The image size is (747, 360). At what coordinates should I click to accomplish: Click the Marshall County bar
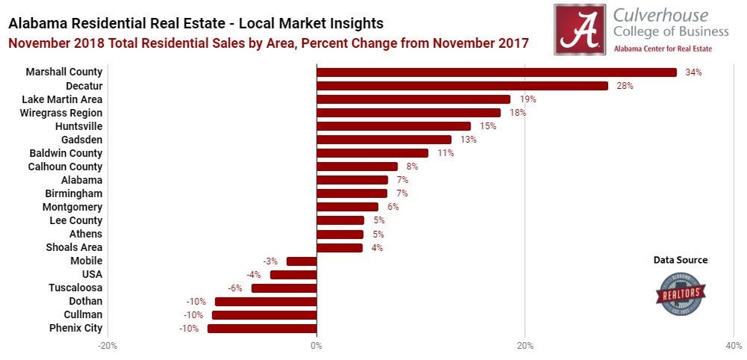(496, 72)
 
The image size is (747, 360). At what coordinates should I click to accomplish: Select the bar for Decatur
(462, 86)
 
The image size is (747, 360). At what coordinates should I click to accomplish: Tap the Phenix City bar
(261, 328)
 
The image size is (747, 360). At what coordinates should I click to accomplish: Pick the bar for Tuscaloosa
(284, 288)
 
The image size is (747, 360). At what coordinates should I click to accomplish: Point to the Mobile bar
(301, 261)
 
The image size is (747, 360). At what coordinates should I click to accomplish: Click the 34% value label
(693, 72)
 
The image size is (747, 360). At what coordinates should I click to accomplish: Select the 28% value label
(624, 86)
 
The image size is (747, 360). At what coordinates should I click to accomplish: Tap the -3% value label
(270, 261)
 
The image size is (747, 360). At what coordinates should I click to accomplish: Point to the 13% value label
(468, 140)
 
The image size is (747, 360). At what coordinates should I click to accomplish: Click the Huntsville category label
(78, 126)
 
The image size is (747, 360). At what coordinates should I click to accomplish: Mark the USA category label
(92, 274)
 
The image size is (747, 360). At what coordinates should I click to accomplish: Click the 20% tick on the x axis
(524, 346)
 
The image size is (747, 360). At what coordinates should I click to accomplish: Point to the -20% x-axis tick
(108, 346)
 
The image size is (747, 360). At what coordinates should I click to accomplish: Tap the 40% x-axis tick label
(734, 346)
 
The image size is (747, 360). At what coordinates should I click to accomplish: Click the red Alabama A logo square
(579, 29)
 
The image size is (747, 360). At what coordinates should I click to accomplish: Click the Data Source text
(681, 260)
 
